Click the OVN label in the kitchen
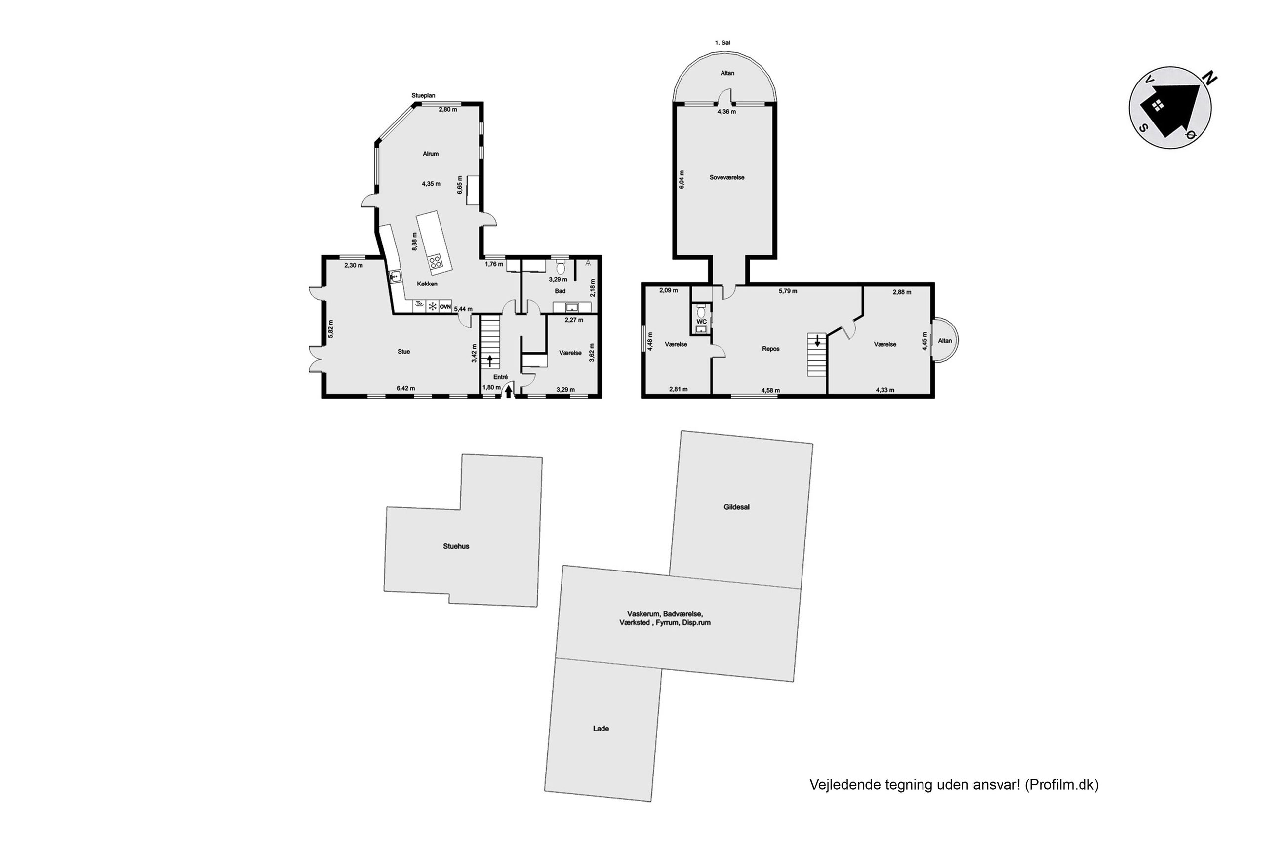(445, 307)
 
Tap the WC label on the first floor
(702, 322)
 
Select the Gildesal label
(736, 507)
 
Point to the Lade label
(601, 728)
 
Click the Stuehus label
(456, 546)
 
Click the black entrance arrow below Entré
(509, 391)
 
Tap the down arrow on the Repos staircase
(817, 341)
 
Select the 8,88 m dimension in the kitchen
(415, 242)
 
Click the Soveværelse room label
(727, 177)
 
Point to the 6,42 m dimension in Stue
(405, 389)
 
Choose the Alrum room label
(431, 154)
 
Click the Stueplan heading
(423, 95)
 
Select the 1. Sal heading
(722, 42)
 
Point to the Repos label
(770, 349)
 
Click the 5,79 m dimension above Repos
(787, 291)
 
